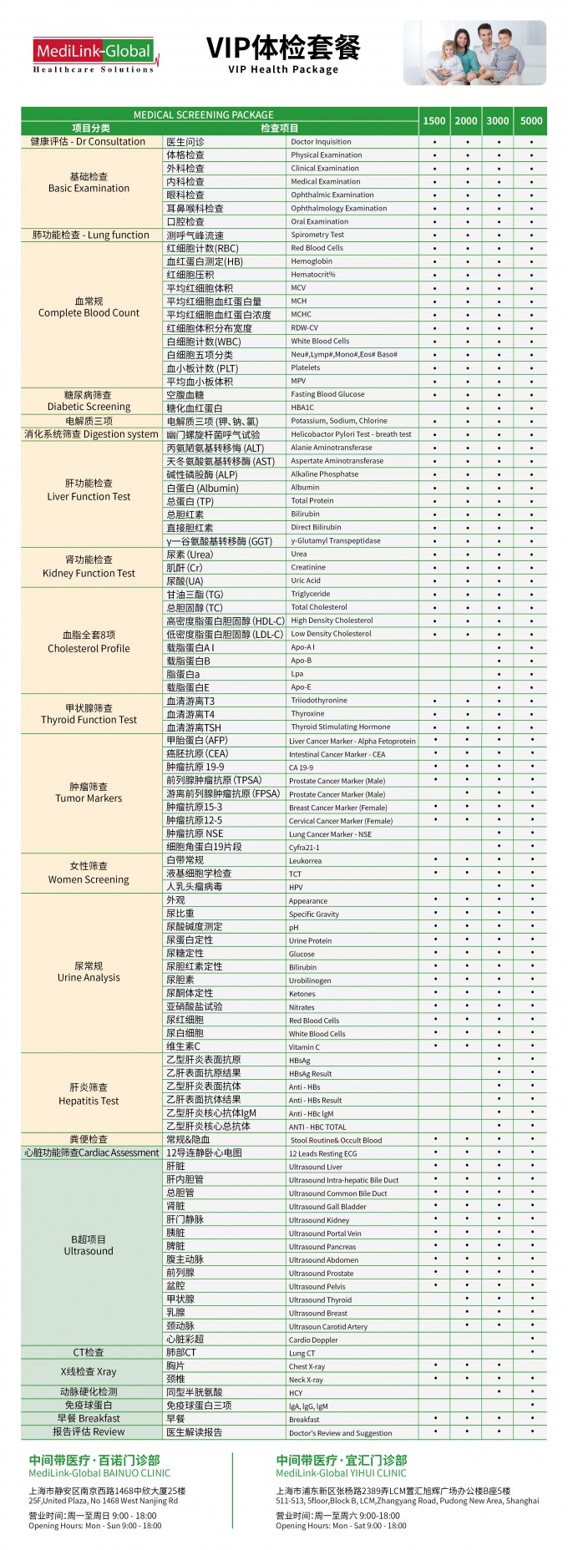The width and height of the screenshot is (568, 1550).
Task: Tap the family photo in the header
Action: click(474, 53)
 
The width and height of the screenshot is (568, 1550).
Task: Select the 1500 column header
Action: click(434, 121)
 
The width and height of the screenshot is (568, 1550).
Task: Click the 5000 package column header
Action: click(531, 121)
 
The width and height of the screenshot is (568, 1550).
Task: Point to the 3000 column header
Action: click(498, 121)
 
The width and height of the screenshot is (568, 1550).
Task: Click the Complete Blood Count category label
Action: click(89, 307)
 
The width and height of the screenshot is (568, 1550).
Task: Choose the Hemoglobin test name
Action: click(312, 261)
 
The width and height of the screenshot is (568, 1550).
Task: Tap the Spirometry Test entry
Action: click(317, 235)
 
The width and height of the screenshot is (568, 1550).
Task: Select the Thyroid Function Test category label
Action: click(89, 714)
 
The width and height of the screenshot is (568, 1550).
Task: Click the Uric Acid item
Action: click(306, 580)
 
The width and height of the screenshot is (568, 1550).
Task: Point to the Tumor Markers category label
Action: click(89, 793)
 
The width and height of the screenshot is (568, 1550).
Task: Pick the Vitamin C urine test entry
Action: click(304, 1046)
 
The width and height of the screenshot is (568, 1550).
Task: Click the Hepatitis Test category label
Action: click(89, 1094)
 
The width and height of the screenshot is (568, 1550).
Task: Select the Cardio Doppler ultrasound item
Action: click(313, 1340)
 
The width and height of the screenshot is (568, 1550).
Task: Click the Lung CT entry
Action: click(302, 1353)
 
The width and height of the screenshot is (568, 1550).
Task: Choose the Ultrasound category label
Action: click(89, 1245)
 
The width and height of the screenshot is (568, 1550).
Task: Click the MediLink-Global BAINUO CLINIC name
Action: click(99, 1474)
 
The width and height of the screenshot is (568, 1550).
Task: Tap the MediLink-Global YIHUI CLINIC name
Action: click(341, 1474)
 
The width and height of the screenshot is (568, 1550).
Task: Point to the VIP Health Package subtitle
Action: click(283, 69)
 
